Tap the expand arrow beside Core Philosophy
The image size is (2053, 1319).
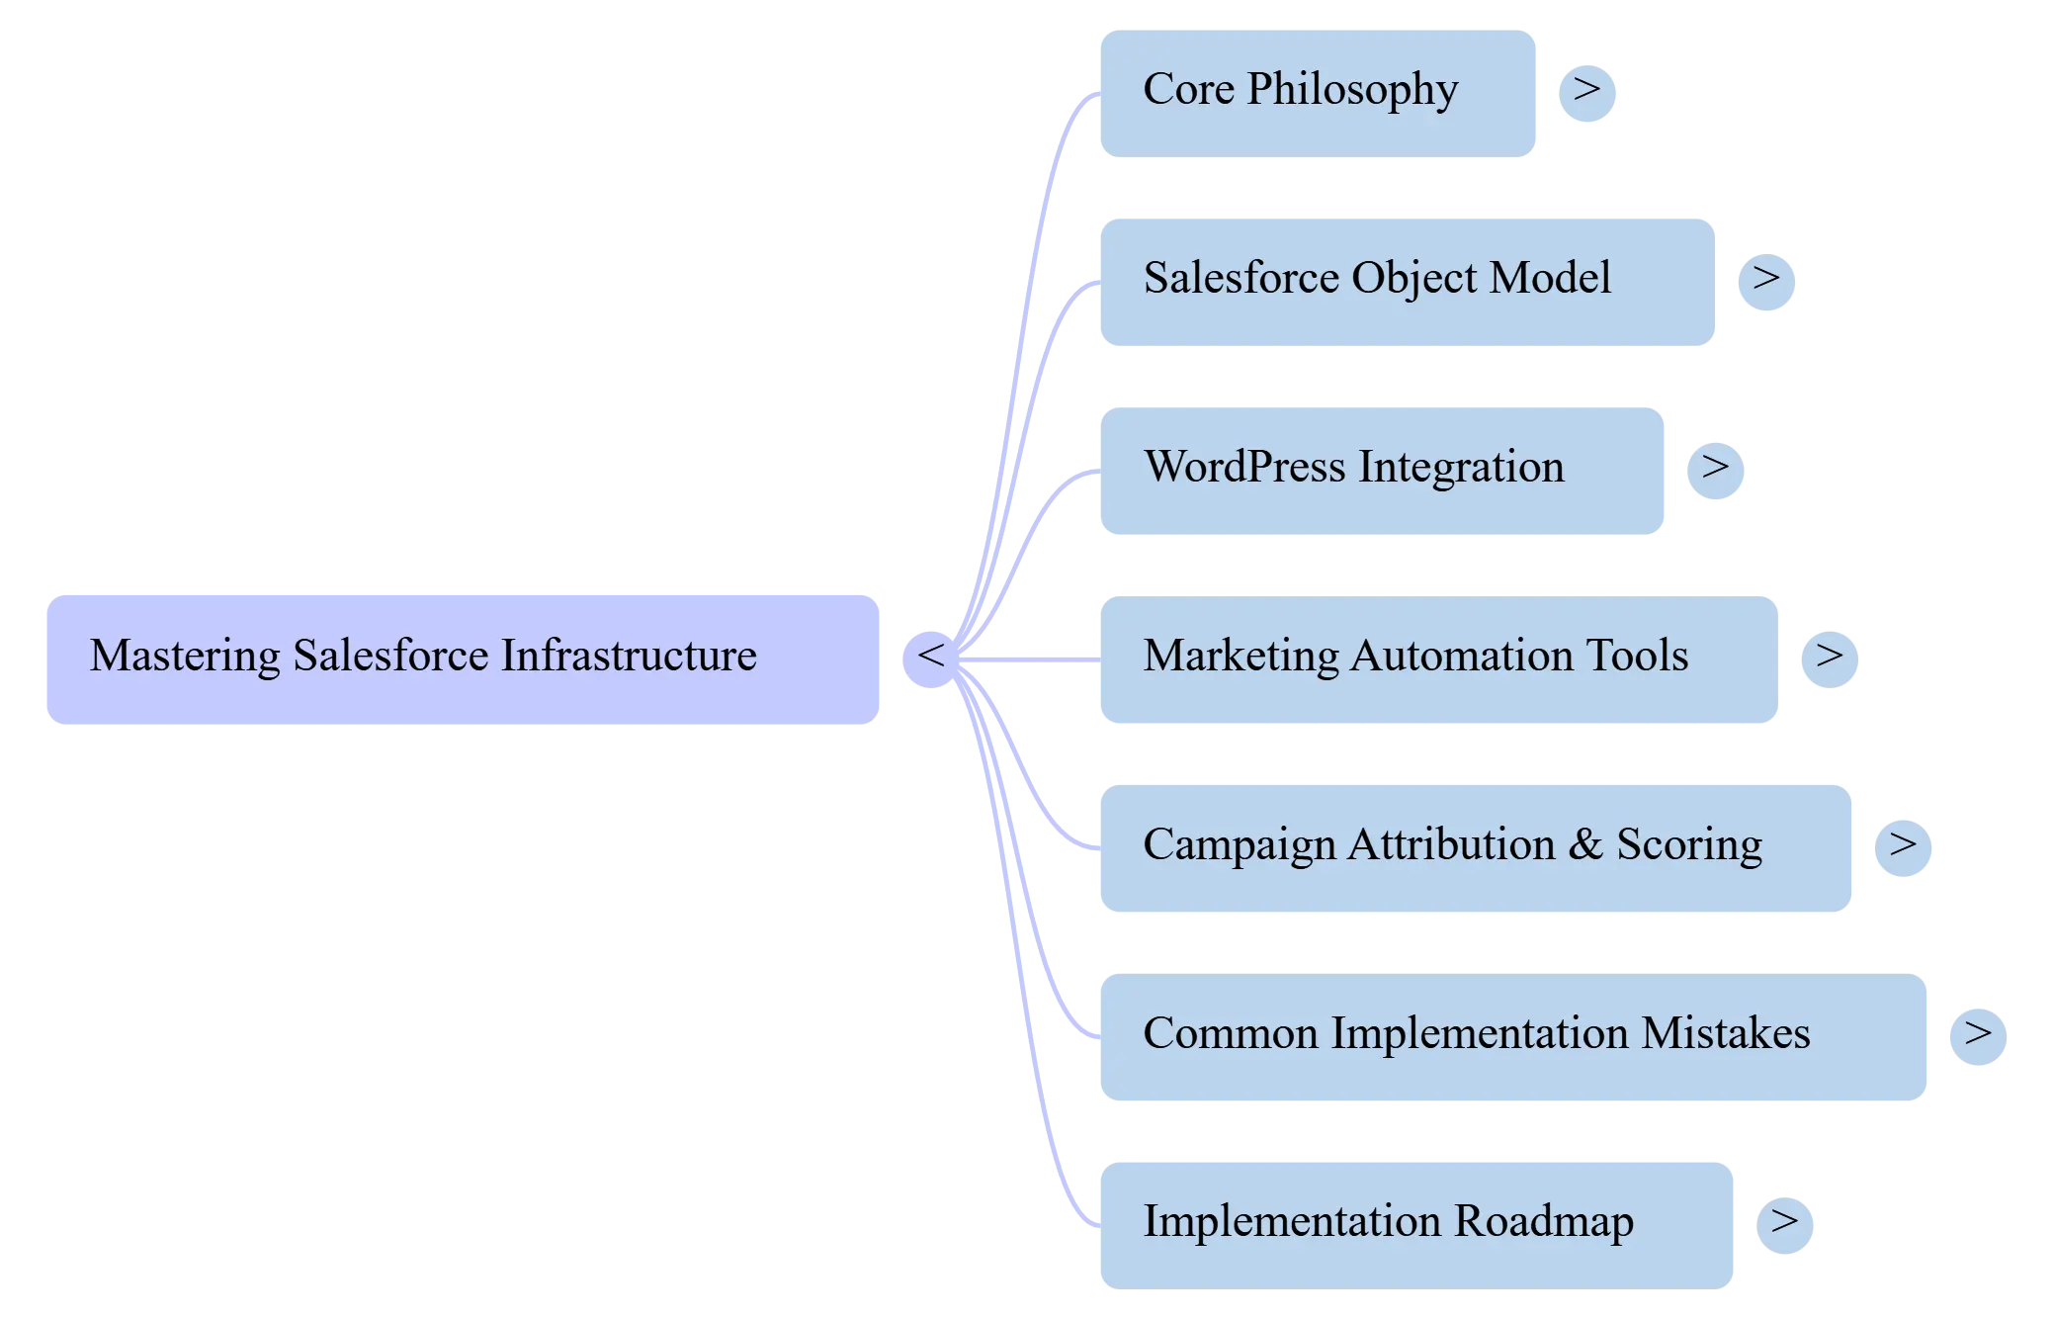pyautogui.click(x=1587, y=92)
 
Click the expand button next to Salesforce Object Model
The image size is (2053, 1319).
pyautogui.click(x=1766, y=281)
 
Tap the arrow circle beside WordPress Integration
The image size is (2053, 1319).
pyautogui.click(x=1715, y=469)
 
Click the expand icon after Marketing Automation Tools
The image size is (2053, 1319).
pyautogui.click(x=1828, y=658)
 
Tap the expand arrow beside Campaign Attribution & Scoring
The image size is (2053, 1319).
pyautogui.click(x=1904, y=846)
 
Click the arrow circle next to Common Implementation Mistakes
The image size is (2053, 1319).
pyautogui.click(x=1977, y=1035)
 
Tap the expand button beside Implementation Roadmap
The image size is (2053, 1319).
pyautogui.click(x=1785, y=1224)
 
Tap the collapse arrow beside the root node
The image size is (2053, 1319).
pyautogui.click(x=930, y=658)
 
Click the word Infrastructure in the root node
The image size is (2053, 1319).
pyautogui.click(x=629, y=657)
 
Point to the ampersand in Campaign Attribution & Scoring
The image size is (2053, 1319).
pyautogui.click(x=1584, y=845)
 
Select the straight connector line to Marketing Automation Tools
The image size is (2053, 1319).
pyautogui.click(x=1038, y=659)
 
